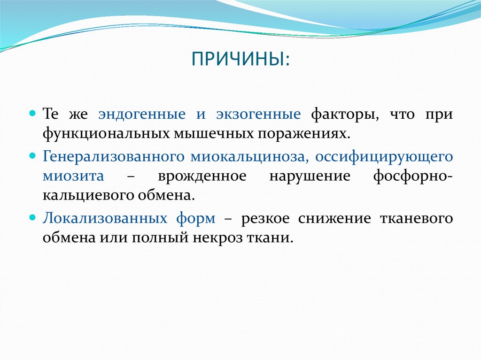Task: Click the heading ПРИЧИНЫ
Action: click(240, 60)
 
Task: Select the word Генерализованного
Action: click(113, 157)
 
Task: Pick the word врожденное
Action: click(202, 176)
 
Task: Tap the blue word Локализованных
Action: click(106, 218)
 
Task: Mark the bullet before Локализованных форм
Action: click(32, 218)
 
